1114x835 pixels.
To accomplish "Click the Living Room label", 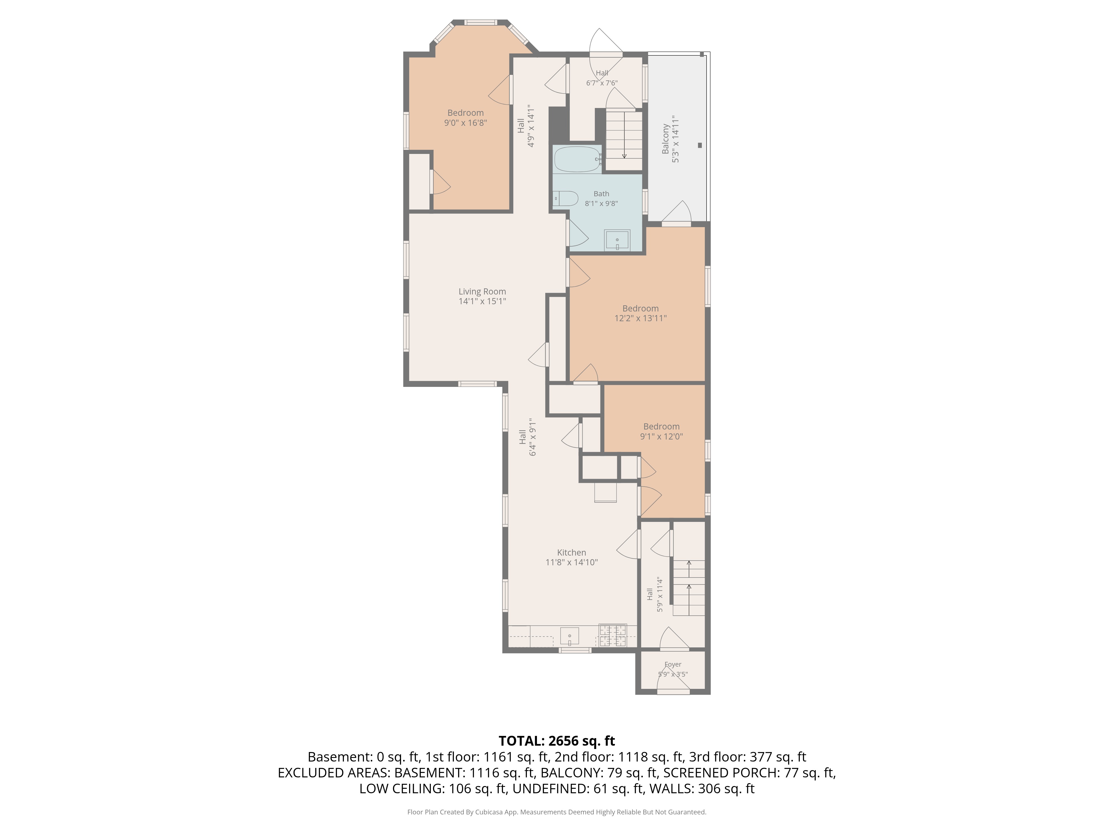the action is (482, 291).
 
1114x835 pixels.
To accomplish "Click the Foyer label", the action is (673, 664).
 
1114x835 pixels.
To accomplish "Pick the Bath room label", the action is (601, 194).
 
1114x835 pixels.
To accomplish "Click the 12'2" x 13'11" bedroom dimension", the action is (641, 318).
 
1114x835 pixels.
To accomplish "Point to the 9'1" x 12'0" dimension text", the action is (661, 436).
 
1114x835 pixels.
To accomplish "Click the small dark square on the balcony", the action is (700, 146).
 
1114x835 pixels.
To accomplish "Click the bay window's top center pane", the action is (480, 22).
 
